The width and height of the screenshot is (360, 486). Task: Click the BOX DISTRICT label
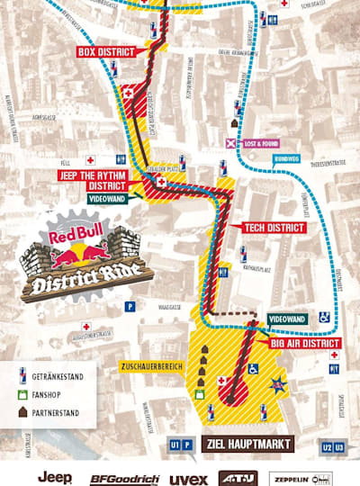[107, 52]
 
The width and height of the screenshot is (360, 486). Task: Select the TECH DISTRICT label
[274, 228]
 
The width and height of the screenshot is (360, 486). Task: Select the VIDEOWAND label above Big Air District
[288, 319]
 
